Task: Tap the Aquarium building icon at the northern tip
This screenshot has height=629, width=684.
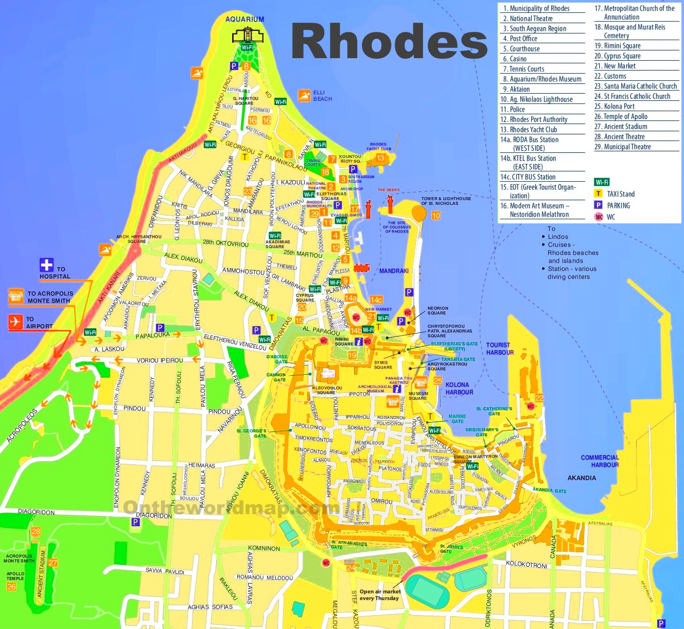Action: [x=248, y=35]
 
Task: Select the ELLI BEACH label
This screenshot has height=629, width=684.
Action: [x=322, y=96]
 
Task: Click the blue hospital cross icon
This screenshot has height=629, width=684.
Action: [x=46, y=265]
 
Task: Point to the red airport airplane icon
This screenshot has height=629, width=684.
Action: [x=15, y=322]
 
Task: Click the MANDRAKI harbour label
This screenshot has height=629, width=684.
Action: [x=394, y=271]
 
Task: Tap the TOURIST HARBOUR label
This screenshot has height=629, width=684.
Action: [x=500, y=349]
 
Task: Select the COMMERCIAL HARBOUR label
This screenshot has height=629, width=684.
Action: [x=600, y=461]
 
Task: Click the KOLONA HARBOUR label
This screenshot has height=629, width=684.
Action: [x=459, y=389]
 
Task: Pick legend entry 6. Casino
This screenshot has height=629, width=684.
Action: [x=515, y=59]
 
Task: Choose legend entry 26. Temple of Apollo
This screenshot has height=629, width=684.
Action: [x=621, y=116]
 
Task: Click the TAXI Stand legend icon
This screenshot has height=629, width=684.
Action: [x=598, y=194]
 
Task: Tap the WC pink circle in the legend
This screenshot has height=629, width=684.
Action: [x=599, y=217]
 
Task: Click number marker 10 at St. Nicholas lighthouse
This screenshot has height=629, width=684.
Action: [x=436, y=216]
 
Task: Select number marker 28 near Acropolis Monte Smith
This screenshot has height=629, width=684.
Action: [x=36, y=531]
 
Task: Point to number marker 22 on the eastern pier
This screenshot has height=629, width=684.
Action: [x=539, y=398]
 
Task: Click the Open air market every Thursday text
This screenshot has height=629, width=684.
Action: [x=379, y=595]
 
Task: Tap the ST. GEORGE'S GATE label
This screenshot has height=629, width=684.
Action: [x=251, y=433]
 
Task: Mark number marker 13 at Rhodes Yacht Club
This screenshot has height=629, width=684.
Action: [x=380, y=158]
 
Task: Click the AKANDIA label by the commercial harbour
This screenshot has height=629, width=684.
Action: [x=582, y=478]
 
